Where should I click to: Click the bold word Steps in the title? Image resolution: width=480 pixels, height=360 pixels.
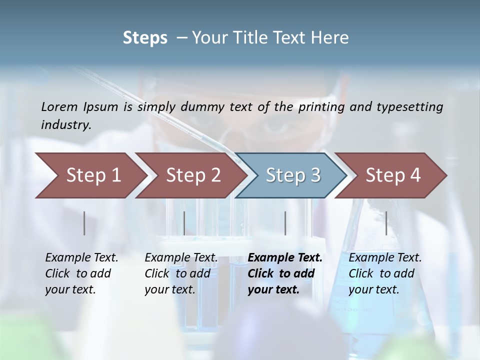[x=145, y=38]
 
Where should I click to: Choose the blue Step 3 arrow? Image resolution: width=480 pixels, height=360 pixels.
[x=293, y=175]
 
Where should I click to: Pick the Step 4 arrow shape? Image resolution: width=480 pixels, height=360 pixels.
[x=393, y=175]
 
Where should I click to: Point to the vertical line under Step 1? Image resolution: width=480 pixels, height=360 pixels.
[x=84, y=223]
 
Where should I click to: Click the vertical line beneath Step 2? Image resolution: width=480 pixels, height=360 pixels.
[x=184, y=223]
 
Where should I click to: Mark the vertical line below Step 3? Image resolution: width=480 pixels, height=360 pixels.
[x=285, y=223]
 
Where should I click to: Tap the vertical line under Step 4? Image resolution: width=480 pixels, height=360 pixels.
[x=386, y=223]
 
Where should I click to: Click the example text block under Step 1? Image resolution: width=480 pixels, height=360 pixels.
[x=81, y=273]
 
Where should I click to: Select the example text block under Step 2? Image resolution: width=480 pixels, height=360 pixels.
[x=181, y=273]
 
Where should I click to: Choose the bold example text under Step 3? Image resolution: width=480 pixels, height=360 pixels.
[x=285, y=273]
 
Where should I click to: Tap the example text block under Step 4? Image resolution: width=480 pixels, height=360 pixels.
[x=385, y=273]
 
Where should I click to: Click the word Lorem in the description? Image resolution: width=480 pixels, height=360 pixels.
[x=59, y=107]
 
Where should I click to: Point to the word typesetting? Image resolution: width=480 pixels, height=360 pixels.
[x=409, y=107]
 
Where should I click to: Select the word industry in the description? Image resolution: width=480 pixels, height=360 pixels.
[x=65, y=124]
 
